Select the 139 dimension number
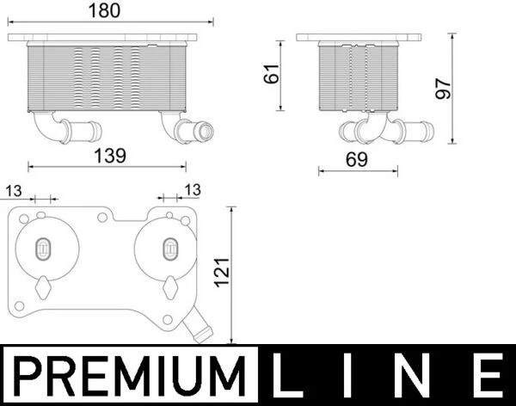click(x=108, y=156)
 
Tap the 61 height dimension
click(x=272, y=75)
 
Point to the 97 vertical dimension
click(x=444, y=88)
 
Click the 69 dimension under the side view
click(x=357, y=159)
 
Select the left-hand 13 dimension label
click(x=14, y=189)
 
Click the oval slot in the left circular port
click(x=41, y=249)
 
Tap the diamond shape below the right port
click(x=170, y=286)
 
